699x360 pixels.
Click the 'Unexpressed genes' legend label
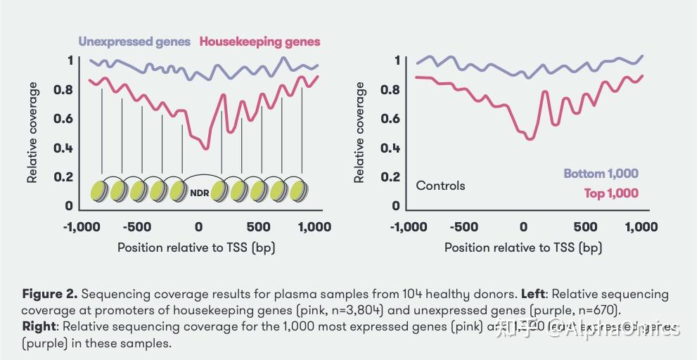[x=134, y=41]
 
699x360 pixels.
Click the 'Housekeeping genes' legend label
[x=260, y=41]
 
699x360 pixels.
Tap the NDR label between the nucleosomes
[x=199, y=191]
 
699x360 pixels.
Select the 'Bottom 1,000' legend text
[x=601, y=174]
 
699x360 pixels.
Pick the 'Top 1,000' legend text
[x=611, y=193]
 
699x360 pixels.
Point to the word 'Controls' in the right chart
[x=441, y=186]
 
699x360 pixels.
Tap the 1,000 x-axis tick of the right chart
[x=641, y=227]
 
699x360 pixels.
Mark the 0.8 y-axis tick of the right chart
[x=390, y=89]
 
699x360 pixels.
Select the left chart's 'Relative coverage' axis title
[x=32, y=132]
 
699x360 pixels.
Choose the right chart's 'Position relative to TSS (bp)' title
[x=523, y=247]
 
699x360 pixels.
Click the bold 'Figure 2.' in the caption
[x=49, y=294]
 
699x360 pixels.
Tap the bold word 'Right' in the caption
[x=39, y=327]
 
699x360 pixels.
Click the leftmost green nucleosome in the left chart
[x=101, y=190]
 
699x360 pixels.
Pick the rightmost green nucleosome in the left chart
[x=298, y=190]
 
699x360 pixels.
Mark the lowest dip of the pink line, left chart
[x=205, y=148]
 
